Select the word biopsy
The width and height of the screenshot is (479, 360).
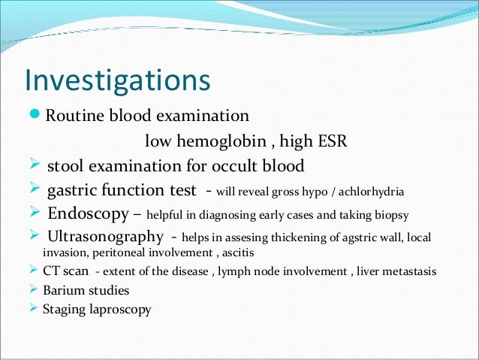tap(390, 216)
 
